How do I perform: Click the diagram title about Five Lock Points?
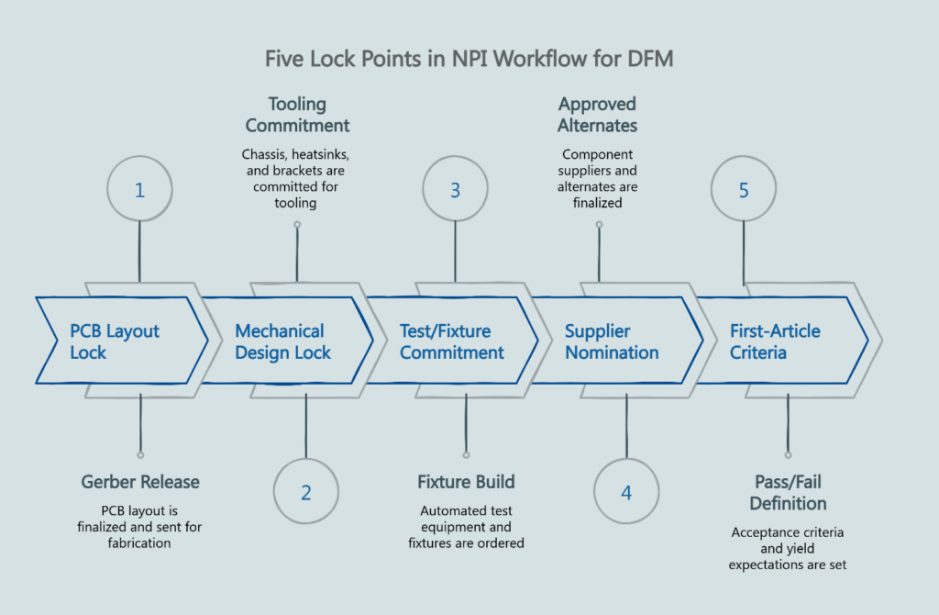click(469, 59)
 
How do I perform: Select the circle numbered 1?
click(139, 190)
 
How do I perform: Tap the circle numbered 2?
click(305, 492)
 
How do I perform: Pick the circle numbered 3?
click(455, 190)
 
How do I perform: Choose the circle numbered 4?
click(626, 492)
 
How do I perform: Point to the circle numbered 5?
click(744, 190)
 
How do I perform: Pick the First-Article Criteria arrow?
click(778, 341)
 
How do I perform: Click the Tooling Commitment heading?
click(297, 115)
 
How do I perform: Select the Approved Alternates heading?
click(598, 115)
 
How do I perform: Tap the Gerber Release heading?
click(140, 482)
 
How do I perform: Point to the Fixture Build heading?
click(466, 482)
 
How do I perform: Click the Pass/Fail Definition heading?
click(788, 493)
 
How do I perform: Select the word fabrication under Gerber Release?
click(140, 543)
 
